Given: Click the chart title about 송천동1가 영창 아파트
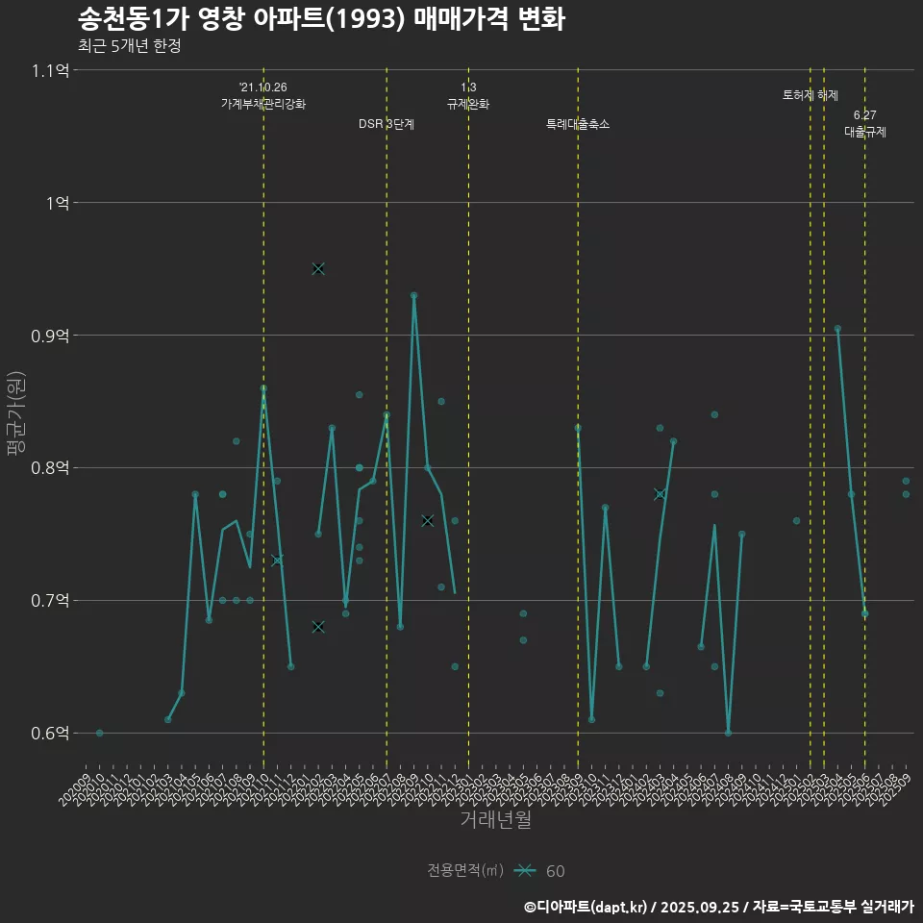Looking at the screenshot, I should pos(321,18).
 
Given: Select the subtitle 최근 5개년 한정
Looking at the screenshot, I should pos(129,46).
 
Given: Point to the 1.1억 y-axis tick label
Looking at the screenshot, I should pos(50,70).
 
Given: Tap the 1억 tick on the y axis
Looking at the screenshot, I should pos(57,203).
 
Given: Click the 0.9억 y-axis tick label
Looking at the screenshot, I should pos(50,336).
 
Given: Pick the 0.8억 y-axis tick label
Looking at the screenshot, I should pos(50,468).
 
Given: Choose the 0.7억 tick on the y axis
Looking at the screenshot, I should pos(50,601).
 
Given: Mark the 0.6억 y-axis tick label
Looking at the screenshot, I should pos(50,734).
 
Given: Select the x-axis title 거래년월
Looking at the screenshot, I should pos(495,820).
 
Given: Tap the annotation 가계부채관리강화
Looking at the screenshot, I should pos(263,104).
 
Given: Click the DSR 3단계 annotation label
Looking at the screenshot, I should pos(387,124).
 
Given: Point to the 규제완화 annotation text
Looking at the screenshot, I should pos(468,104).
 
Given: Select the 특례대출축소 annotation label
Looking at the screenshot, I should pos(578,124).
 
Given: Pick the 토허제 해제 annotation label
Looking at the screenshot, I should pos(811,95).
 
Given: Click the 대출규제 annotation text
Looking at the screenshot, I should pos(865,132).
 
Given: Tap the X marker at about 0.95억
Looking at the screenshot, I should pos(318,268).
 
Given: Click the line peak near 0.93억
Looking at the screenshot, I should pos(413,295).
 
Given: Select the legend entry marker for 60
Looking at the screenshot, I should pos(524,871).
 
